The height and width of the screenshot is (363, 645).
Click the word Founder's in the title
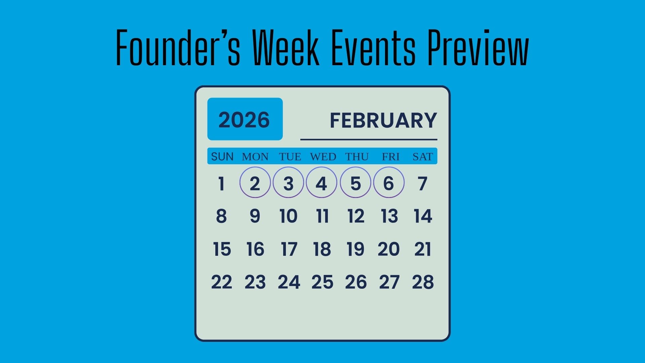click(x=178, y=47)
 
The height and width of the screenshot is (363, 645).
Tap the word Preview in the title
click(x=478, y=47)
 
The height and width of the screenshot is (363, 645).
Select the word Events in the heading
click(x=373, y=47)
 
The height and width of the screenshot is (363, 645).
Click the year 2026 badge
click(x=245, y=119)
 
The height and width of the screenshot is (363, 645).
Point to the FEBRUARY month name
click(x=383, y=120)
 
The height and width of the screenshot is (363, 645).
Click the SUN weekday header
click(x=222, y=157)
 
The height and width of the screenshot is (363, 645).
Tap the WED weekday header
click(x=323, y=157)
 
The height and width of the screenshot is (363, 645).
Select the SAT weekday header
click(x=423, y=157)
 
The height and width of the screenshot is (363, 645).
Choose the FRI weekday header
click(x=390, y=157)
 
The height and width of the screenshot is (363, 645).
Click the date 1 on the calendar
click(x=221, y=184)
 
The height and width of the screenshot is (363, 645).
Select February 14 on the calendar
click(x=423, y=216)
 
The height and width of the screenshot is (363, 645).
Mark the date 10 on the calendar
click(x=289, y=216)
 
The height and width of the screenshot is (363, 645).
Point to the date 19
click(x=355, y=249)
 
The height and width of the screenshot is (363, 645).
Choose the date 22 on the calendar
click(x=221, y=282)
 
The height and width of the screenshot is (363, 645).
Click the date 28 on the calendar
click(x=423, y=282)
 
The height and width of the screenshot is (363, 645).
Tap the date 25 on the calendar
click(x=322, y=282)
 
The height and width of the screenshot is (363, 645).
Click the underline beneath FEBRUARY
click(x=369, y=139)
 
